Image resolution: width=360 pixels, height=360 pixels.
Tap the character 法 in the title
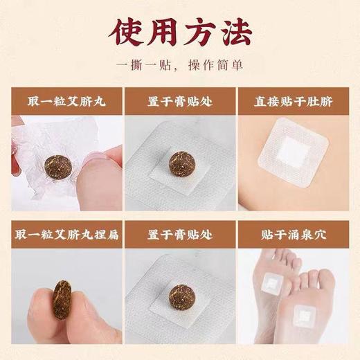(x=237, y=33)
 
